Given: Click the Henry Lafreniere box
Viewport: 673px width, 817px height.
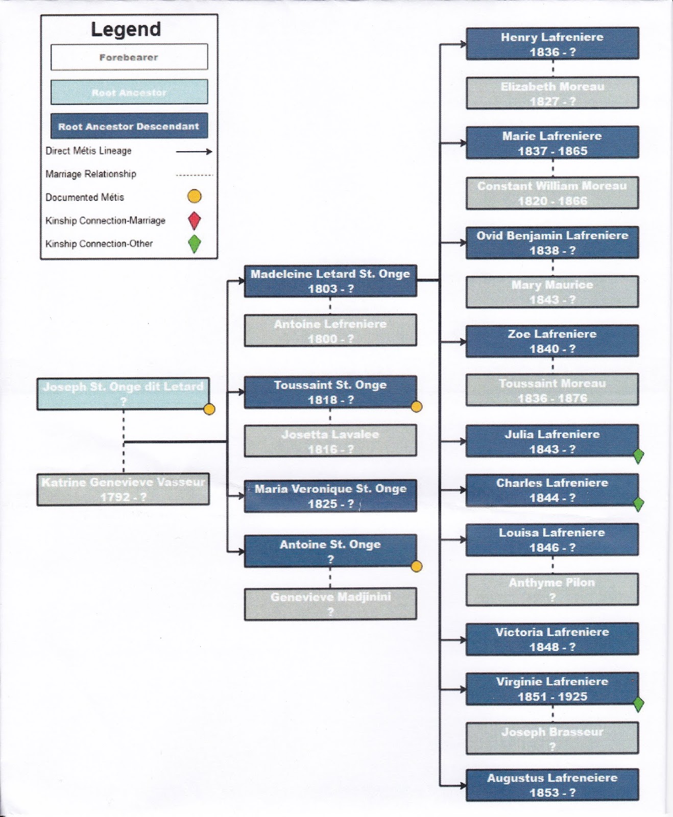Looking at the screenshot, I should [x=552, y=44].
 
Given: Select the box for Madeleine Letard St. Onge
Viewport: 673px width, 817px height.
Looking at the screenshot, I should [x=330, y=281].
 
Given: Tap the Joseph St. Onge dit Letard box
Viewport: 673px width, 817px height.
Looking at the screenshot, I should [x=123, y=394].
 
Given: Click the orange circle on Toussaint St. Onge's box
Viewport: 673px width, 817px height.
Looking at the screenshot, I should [x=417, y=406].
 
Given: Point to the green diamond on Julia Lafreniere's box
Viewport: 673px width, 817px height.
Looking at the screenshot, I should [x=638, y=455].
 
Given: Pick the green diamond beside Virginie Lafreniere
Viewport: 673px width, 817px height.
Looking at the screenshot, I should [x=638, y=704].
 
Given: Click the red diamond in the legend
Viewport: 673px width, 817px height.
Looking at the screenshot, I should [x=195, y=221].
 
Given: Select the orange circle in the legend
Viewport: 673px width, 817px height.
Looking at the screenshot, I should [x=195, y=196].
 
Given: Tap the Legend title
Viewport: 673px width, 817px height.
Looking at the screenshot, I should [x=126, y=30].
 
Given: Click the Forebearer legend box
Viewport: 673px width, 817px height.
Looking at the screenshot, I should [x=129, y=57].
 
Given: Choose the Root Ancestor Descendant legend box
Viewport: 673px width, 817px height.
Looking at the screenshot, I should [x=129, y=126].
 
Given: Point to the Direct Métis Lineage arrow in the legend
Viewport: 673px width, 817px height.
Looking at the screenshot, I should [x=194, y=151].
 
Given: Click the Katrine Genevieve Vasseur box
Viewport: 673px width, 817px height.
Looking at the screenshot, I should [x=123, y=489].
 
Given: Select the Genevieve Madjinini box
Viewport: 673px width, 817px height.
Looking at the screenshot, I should [x=330, y=604].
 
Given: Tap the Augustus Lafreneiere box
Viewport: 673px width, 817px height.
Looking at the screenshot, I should [x=552, y=785].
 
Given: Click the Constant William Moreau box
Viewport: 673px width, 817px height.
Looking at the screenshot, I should [x=552, y=193].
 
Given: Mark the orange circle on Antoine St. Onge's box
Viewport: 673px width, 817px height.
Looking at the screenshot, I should [x=417, y=566].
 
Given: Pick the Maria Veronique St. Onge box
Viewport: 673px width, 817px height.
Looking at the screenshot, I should [x=330, y=496].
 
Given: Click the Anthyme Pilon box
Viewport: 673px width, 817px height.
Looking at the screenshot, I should [x=552, y=590].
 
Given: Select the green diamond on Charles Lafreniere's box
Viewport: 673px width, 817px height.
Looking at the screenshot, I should [x=638, y=504].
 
